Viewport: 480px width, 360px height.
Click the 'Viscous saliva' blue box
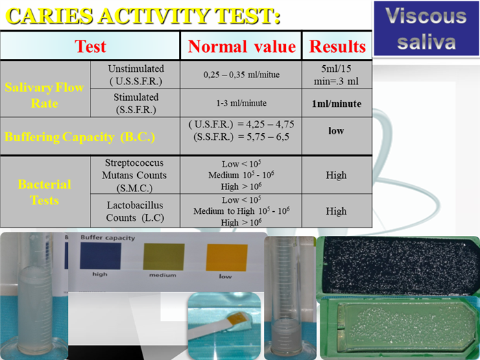[426, 29]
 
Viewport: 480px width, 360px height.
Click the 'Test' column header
[90, 46]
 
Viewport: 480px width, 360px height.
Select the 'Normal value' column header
[241, 46]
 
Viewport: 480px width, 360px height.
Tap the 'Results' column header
[337, 46]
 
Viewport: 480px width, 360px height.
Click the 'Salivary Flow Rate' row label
[45, 95]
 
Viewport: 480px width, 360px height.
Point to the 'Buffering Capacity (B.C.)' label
[80, 137]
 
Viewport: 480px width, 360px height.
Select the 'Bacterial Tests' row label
[45, 192]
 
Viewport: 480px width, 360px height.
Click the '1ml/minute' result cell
[337, 104]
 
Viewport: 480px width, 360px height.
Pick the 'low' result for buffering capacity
[336, 131]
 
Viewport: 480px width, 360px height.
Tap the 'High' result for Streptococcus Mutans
[336, 175]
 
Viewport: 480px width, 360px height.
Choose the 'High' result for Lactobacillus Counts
[336, 211]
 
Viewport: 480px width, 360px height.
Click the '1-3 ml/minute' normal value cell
[241, 103]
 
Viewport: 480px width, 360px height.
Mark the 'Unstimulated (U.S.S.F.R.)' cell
[136, 75]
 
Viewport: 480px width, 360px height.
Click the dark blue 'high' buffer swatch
[100, 256]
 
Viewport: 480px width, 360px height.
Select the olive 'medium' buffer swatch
[164, 256]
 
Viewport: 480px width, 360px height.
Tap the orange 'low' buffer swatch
[227, 257]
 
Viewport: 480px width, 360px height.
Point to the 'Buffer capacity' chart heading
[108, 237]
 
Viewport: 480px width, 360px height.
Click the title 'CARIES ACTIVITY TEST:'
[143, 16]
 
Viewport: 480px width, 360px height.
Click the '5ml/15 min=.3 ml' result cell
[336, 75]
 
